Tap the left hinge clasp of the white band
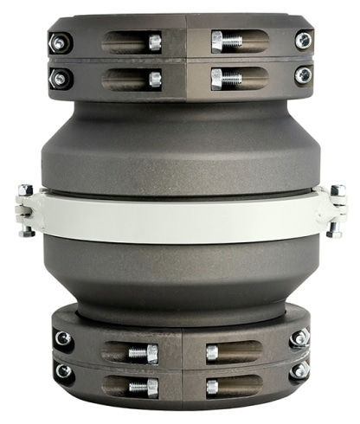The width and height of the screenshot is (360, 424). tap(25, 210)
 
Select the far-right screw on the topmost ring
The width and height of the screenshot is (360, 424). tap(302, 40)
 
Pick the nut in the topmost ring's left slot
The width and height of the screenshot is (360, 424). tap(154, 42)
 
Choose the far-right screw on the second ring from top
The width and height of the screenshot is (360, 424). tap(302, 76)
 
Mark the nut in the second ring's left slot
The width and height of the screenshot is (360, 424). tap(154, 79)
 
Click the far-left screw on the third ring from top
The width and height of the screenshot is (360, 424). tap(61, 338)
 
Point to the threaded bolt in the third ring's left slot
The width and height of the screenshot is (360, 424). tap(140, 352)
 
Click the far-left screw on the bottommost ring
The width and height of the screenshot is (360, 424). tap(61, 371)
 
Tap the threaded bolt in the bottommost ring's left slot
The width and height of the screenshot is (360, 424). tap(140, 386)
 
